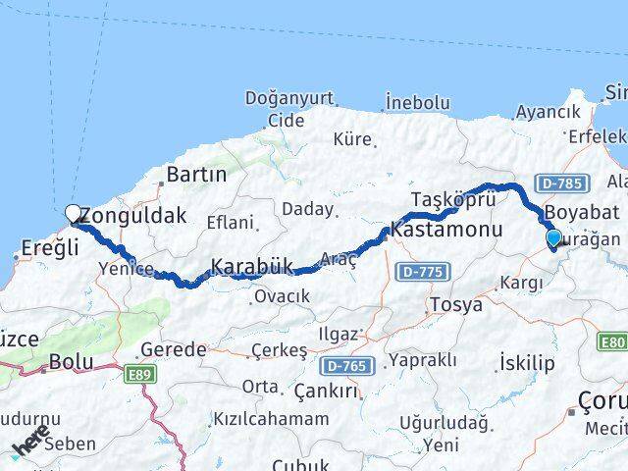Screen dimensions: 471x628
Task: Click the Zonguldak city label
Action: coord(134,215)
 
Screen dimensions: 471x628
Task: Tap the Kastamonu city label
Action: coord(445,230)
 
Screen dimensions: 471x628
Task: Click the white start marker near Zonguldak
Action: coord(73,213)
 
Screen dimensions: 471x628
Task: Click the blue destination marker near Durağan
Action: coord(553,237)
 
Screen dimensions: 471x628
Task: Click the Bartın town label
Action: coord(196,175)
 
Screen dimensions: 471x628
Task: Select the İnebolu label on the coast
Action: coord(417,103)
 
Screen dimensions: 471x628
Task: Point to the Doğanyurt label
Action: coord(288,99)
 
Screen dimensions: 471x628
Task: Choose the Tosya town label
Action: coord(455,305)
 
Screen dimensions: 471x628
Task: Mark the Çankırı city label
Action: coord(327,392)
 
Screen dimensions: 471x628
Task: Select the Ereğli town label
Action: coord(46,248)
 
